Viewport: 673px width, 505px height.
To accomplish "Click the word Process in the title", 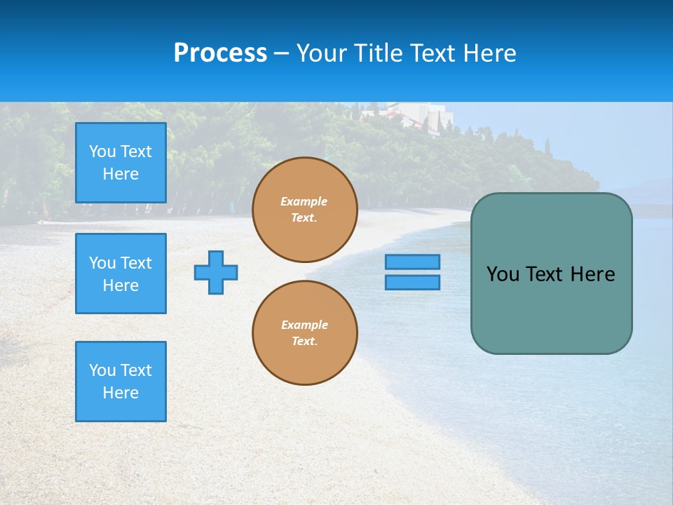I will click(x=220, y=53).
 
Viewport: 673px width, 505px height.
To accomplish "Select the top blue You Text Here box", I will click(x=121, y=163).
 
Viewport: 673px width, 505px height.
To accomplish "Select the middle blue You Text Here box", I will click(x=121, y=274).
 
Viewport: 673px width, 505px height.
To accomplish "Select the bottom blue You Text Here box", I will click(x=121, y=382).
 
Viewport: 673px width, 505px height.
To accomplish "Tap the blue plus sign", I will click(x=216, y=272).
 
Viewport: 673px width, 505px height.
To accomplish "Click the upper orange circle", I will click(x=304, y=210).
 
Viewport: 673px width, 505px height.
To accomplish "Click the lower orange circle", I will click(x=304, y=333).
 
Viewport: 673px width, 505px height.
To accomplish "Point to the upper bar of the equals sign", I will click(x=412, y=262).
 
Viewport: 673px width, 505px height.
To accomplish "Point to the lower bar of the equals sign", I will click(x=412, y=282).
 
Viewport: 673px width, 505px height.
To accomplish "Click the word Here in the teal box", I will click(x=592, y=274).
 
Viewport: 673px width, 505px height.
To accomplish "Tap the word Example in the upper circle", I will click(x=304, y=201).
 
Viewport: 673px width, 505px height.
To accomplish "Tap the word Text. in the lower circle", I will click(x=304, y=342).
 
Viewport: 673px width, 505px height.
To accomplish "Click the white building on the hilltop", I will click(x=421, y=112).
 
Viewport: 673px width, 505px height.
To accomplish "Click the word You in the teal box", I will click(x=503, y=274).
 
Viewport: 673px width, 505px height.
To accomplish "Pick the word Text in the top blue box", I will click(x=136, y=151).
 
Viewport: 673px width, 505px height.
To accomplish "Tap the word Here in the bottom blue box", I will click(x=121, y=393).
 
